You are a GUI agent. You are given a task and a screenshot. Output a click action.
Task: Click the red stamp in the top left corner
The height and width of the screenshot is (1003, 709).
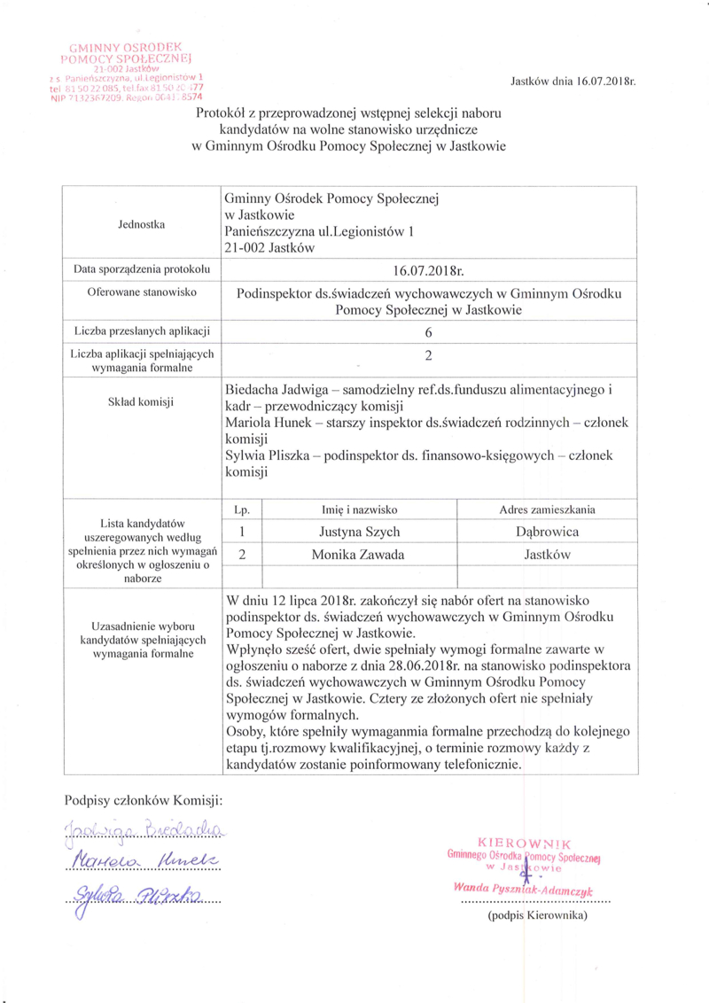click(131, 70)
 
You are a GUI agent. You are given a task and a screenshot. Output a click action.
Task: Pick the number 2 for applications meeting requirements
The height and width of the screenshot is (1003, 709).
click(428, 357)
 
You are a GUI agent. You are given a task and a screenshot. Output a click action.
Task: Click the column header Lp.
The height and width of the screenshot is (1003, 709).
click(241, 509)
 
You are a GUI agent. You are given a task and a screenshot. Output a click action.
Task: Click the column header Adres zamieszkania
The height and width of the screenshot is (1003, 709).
click(547, 509)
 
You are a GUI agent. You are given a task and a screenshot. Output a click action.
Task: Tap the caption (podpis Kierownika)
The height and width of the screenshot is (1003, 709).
click(536, 915)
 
